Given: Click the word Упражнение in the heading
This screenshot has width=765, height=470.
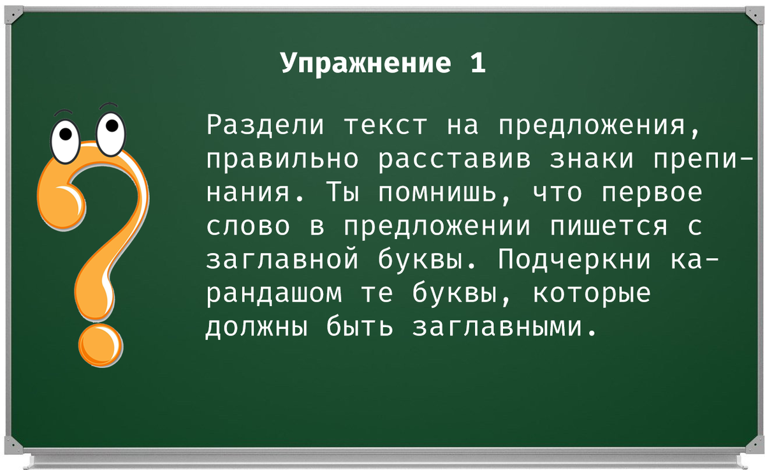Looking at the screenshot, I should pos(365,64).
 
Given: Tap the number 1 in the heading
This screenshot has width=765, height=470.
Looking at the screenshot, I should pos(478,63).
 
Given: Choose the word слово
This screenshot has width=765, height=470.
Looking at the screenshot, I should pos(249,226).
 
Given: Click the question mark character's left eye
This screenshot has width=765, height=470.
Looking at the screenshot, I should pos(65,136).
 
